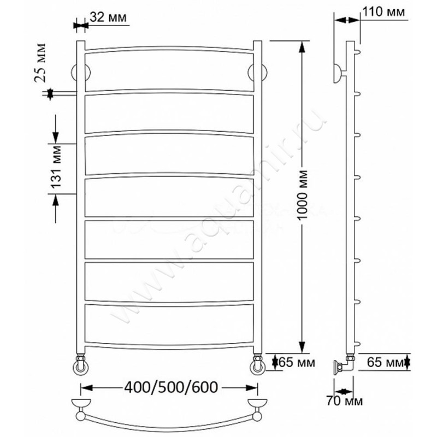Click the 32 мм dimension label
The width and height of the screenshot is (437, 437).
tap(108, 17)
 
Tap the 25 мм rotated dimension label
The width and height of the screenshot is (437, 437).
tap(40, 63)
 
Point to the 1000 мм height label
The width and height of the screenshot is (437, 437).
tap(303, 194)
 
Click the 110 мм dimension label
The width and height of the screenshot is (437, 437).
tap(383, 12)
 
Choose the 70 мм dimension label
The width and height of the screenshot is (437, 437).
tap(345, 401)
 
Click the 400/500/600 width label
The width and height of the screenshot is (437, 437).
tap(171, 387)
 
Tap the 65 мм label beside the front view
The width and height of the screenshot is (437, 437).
tap(297, 363)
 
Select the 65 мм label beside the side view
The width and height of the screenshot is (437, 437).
tap(385, 362)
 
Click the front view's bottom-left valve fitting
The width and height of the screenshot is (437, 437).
tap(81, 364)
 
